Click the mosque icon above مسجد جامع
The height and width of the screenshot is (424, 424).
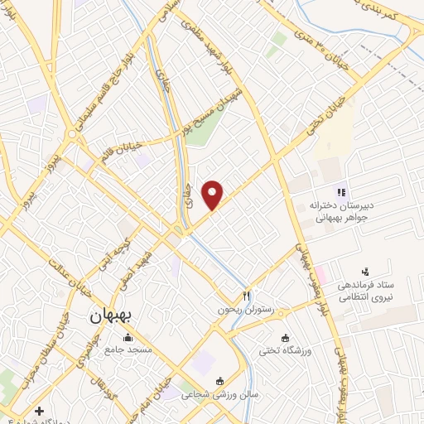[x=128, y=337]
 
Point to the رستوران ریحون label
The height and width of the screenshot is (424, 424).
[x=246, y=309]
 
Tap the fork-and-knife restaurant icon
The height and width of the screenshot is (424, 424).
[x=246, y=295]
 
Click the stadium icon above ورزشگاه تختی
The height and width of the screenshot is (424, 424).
[x=286, y=339]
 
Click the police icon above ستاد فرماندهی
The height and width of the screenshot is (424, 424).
[x=364, y=271]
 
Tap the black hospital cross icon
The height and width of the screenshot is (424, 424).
[x=39, y=411]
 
